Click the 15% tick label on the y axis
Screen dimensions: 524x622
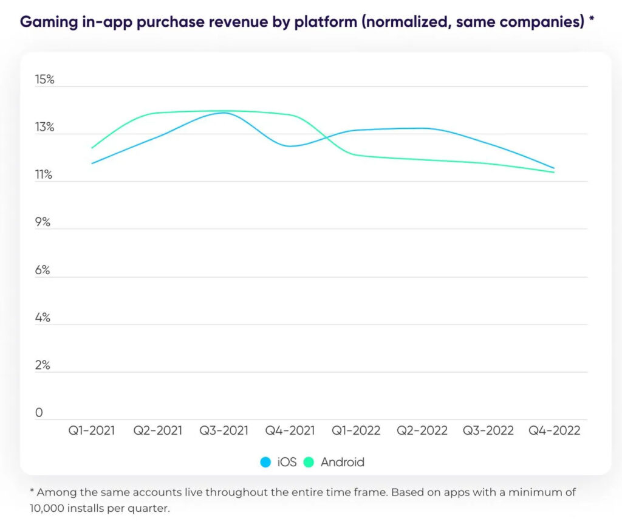pyautogui.click(x=45, y=80)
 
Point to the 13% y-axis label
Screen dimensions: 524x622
pyautogui.click(x=45, y=128)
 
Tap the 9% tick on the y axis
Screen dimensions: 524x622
pyautogui.click(x=43, y=222)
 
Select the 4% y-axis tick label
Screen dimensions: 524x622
pyautogui.click(x=43, y=318)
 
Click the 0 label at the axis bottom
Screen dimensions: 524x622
pyautogui.click(x=39, y=413)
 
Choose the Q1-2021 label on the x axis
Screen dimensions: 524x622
pyautogui.click(x=92, y=430)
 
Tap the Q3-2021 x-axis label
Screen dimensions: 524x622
pyautogui.click(x=224, y=430)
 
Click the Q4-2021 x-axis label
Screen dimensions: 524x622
pyautogui.click(x=290, y=430)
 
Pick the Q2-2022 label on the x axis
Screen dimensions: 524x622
pyautogui.click(x=422, y=430)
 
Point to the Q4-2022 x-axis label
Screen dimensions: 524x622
pyautogui.click(x=554, y=430)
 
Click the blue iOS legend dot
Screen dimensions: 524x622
pyautogui.click(x=265, y=462)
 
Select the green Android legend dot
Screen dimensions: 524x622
pyautogui.click(x=309, y=462)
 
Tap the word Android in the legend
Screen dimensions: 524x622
pyautogui.click(x=343, y=462)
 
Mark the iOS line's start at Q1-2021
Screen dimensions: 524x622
pyautogui.click(x=92, y=163)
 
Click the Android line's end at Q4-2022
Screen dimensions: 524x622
pyautogui.click(x=554, y=172)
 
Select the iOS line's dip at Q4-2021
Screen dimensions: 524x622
pyautogui.click(x=290, y=146)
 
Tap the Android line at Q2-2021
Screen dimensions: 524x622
pyautogui.click(x=158, y=113)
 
